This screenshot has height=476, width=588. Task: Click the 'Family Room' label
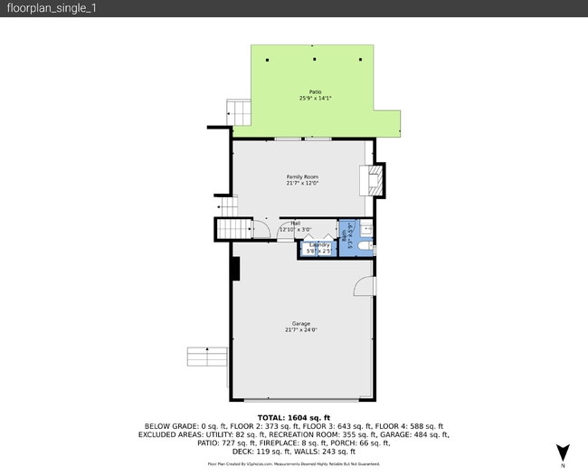302,176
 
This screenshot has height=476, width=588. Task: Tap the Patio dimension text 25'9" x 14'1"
315,98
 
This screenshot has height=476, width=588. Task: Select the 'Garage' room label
301,323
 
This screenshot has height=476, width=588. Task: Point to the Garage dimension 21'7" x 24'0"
301,330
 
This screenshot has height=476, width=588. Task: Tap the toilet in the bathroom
363,243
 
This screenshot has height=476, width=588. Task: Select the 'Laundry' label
319,244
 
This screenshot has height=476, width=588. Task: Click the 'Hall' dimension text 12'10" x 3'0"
295,229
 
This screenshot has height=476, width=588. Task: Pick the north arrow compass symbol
562,452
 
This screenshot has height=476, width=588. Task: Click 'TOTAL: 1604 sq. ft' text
294,417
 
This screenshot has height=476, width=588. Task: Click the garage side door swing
364,285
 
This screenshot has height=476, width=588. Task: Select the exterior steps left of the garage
206,356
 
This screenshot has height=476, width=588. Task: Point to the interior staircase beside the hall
231,229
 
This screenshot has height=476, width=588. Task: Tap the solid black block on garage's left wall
235,269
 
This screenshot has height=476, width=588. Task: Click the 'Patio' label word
315,91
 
